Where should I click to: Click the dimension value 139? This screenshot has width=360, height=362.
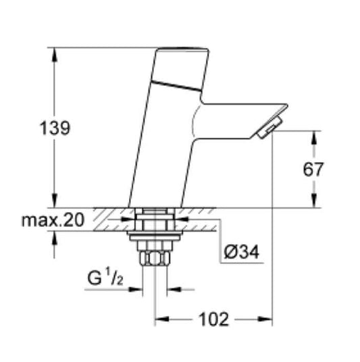point(55,128)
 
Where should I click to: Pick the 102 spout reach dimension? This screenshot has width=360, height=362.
point(214,319)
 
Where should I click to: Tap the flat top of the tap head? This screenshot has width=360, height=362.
point(180,49)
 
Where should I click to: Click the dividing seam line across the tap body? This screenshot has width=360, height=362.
point(177,85)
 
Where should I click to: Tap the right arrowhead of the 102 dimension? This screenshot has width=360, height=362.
point(267,319)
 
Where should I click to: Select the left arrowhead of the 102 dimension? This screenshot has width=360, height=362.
point(161,319)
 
